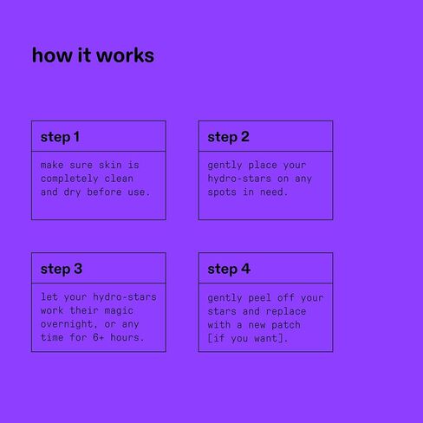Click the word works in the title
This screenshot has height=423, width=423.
[x=125, y=55]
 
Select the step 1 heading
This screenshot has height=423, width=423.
[x=60, y=137]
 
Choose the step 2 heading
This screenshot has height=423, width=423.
[x=228, y=137]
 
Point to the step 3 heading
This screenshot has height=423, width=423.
[x=62, y=269]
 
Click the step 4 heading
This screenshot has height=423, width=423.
[x=229, y=269]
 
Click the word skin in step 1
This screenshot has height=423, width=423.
[x=110, y=165]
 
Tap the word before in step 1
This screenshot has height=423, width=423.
[x=104, y=192]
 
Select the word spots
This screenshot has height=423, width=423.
[x=222, y=192]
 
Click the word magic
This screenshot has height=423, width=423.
[x=119, y=311]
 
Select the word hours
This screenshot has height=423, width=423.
[x=125, y=337]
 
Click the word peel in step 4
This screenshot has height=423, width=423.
[x=260, y=298]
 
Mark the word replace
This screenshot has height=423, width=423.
[x=286, y=312]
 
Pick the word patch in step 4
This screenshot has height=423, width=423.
[x=286, y=325]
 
